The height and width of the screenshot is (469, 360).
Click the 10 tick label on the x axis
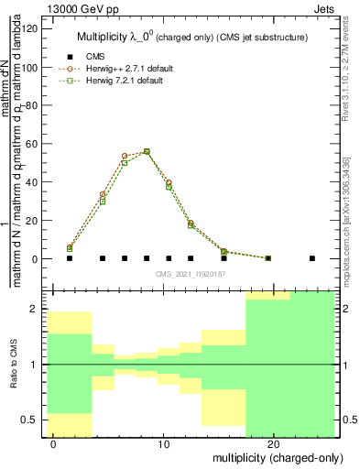click(164, 442)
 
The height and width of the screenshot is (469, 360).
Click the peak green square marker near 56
click(147, 152)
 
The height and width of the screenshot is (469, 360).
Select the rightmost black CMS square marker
click(312, 258)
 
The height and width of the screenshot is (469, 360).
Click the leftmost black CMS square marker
click(70, 258)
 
